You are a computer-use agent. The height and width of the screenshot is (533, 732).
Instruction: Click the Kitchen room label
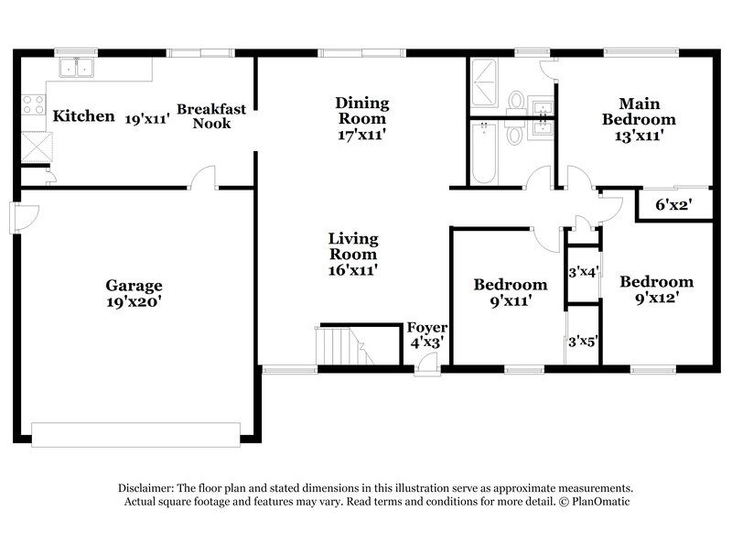83,116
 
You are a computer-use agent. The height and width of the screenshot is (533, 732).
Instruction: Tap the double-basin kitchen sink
77,67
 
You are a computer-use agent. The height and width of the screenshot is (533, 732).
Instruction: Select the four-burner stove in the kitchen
33,105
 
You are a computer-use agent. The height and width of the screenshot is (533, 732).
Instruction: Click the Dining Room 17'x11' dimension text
361,134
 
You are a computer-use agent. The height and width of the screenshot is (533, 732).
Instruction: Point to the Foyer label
425,327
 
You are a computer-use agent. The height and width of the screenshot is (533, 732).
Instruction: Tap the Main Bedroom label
634,111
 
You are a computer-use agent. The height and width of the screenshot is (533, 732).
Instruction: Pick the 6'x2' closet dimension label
673,206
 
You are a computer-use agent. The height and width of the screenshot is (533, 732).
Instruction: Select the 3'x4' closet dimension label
583,272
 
